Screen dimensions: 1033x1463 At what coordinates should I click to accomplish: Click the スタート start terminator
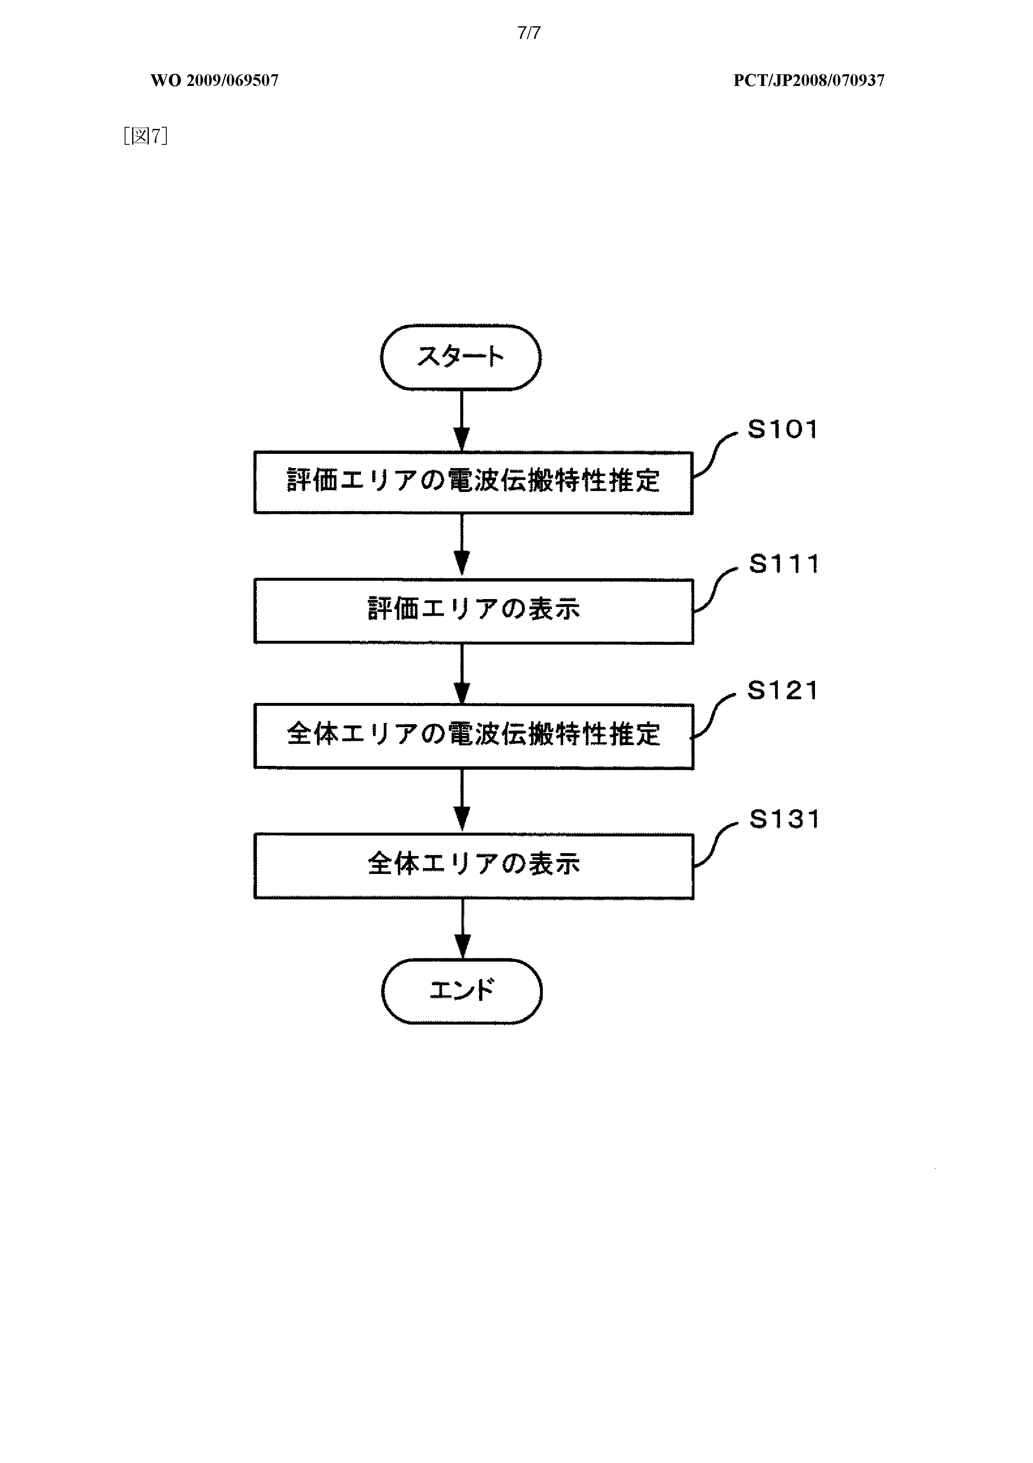pos(461,358)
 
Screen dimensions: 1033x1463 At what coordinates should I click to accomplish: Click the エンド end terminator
pos(462,992)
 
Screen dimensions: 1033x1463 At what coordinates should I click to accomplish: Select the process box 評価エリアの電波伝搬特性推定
pos(473,482)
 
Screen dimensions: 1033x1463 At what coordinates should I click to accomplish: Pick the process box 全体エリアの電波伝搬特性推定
pos(473,736)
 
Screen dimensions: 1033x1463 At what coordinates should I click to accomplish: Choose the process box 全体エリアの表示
pos(473,866)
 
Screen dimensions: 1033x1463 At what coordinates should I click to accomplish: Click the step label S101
pos(782,430)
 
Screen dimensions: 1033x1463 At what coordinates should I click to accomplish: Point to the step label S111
pos(783,564)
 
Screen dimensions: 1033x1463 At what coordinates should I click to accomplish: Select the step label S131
pos(783,819)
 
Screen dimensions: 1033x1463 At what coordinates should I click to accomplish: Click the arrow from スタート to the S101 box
pos(462,421)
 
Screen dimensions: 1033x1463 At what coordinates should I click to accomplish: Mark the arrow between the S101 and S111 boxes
pos(462,546)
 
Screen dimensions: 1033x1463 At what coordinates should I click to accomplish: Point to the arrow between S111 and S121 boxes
pos(462,674)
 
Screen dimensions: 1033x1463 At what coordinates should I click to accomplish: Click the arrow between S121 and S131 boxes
pos(462,801)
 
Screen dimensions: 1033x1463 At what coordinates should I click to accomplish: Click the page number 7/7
pos(529,33)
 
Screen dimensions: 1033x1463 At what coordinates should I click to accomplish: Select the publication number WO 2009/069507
pos(215,80)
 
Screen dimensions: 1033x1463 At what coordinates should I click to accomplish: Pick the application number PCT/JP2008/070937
pos(809,80)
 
